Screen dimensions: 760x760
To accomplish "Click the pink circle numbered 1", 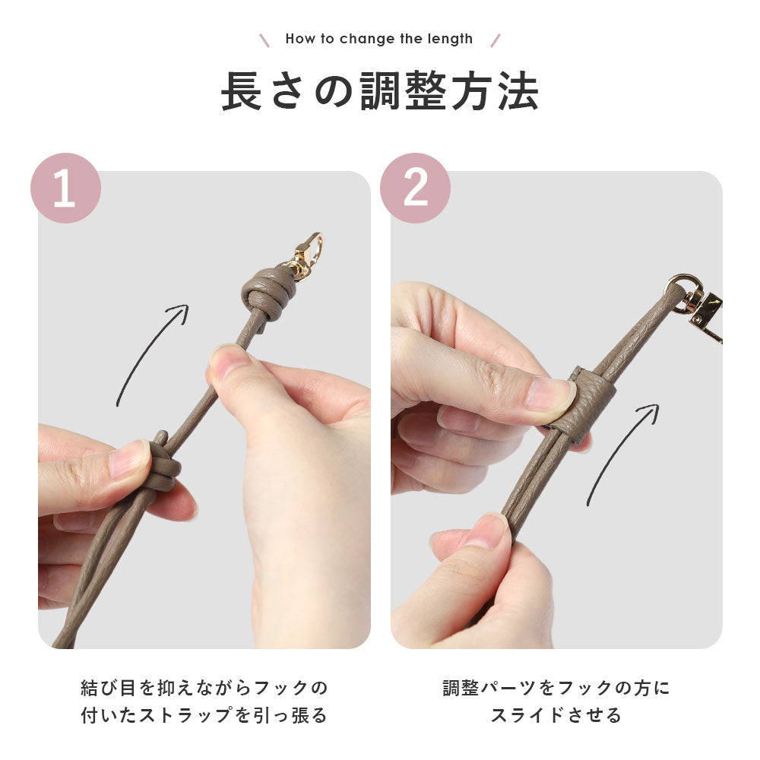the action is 65,188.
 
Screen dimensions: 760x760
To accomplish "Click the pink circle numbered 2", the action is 415,188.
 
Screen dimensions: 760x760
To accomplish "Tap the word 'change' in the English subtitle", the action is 367,39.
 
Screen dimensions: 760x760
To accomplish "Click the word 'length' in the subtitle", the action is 450,39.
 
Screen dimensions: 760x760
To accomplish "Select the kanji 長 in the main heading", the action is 242,91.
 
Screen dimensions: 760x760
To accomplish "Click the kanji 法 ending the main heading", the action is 518,91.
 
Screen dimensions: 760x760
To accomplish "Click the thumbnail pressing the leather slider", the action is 550,393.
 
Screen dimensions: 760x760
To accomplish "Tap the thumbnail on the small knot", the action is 129,458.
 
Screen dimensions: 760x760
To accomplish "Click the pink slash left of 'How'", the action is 264,40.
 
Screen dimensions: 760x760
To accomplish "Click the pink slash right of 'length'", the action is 496,40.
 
